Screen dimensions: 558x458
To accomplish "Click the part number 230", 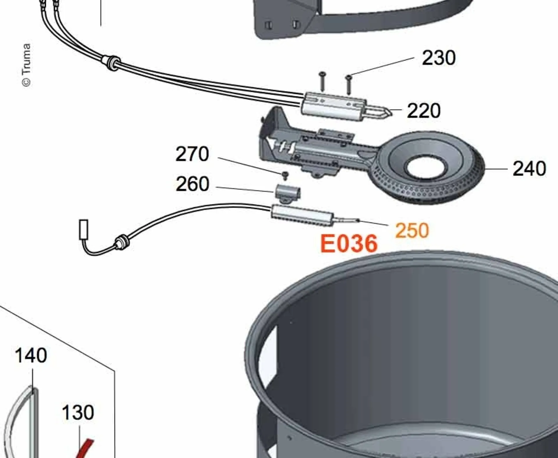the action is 439,58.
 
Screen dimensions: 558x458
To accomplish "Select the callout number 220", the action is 424,111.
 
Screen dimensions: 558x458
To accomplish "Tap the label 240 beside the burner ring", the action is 529,169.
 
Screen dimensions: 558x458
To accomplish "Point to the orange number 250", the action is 412,231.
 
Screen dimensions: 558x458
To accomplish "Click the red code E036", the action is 349,244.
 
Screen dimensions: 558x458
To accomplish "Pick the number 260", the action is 192,184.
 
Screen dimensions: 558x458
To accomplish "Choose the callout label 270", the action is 192,154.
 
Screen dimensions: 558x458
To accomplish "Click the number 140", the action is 31,355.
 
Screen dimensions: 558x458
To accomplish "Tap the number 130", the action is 78,412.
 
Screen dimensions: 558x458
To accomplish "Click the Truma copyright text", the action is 26,65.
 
